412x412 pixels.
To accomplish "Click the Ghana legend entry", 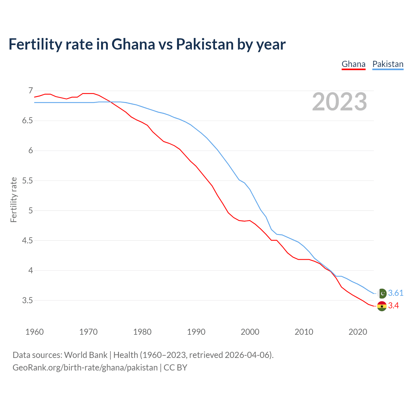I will [x=353, y=64].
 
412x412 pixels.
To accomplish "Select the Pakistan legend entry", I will [x=388, y=64].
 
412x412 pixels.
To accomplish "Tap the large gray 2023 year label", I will [x=340, y=102].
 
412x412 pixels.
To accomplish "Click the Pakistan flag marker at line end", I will [x=382, y=293].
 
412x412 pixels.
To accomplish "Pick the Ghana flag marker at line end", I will [x=382, y=306].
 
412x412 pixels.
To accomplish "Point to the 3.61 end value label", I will [x=396, y=293].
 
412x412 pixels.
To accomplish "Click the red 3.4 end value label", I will [x=393, y=306].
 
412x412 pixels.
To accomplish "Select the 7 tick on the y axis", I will [x=31, y=90].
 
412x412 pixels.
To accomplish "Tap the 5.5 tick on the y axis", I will [x=27, y=181].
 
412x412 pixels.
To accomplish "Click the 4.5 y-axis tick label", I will [x=27, y=240].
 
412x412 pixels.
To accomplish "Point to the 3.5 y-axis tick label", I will [x=27, y=300].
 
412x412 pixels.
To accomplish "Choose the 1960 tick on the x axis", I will [x=34, y=332].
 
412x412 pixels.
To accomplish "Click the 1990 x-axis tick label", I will [x=196, y=332].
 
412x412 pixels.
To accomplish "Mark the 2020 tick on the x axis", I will [x=358, y=332].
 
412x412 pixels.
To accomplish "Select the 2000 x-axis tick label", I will [x=250, y=332].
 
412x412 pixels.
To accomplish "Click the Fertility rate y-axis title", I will [x=14, y=200].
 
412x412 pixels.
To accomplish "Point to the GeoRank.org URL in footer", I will [x=85, y=367].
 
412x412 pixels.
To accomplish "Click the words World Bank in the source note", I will [x=86, y=355].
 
